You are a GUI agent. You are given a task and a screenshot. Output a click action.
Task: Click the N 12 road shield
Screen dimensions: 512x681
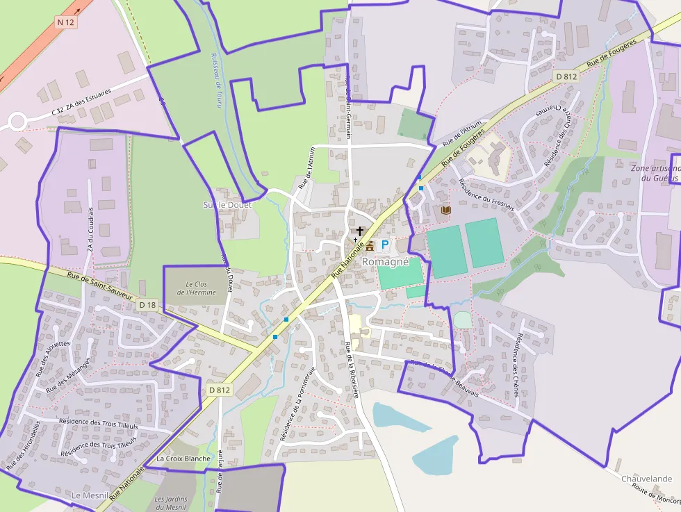coord(65,22)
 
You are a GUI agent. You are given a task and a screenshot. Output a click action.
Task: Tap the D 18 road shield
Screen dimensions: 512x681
coord(147,304)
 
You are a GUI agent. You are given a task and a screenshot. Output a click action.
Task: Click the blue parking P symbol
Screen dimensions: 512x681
coord(384,245)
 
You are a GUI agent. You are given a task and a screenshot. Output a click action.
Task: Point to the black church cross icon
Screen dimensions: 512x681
coord(360,230)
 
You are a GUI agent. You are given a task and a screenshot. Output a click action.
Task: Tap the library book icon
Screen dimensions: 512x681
coord(445,210)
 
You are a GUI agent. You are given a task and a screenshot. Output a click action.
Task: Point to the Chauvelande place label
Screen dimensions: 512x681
coord(646,479)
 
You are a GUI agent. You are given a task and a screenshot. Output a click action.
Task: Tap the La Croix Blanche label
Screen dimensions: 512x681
coord(183,459)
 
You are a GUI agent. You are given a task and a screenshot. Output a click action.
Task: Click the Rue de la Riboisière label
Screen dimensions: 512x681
coord(352,370)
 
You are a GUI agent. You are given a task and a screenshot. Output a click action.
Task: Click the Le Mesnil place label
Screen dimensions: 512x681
coord(90,495)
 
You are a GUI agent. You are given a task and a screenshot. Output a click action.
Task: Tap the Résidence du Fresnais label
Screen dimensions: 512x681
coord(486,195)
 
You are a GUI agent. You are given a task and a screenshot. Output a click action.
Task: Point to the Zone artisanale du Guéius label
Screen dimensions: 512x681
coord(655,173)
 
